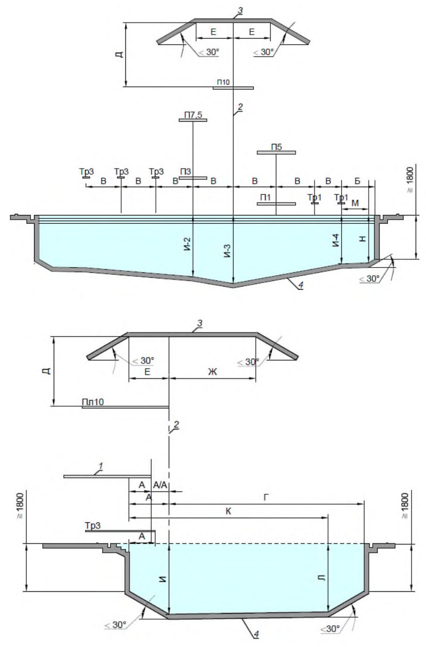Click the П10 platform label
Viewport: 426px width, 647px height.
[x=223, y=82]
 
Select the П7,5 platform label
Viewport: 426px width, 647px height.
[x=193, y=115]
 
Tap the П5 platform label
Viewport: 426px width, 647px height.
[x=276, y=147]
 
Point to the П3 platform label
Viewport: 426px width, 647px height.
[x=186, y=172]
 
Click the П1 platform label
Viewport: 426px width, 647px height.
[x=265, y=197]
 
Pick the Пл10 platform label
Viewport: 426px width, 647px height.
[x=93, y=402]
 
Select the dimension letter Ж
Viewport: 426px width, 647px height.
[x=212, y=372]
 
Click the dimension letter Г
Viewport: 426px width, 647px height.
[x=266, y=497]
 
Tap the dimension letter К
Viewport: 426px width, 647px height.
[x=228, y=511]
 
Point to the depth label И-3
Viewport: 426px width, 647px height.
[x=228, y=251]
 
